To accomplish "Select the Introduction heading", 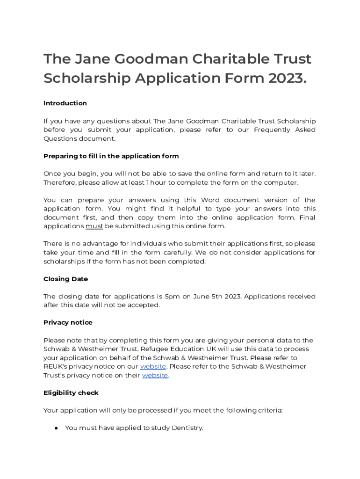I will [x=65, y=103].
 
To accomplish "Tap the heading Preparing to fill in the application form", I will [x=111, y=156].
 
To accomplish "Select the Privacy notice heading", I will [x=68, y=322].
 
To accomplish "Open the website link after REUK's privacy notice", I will [x=153, y=366].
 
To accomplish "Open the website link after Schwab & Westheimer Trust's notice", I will [x=155, y=375].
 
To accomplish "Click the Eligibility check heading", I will [x=71, y=393].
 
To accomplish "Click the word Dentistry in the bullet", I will [x=187, y=428].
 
